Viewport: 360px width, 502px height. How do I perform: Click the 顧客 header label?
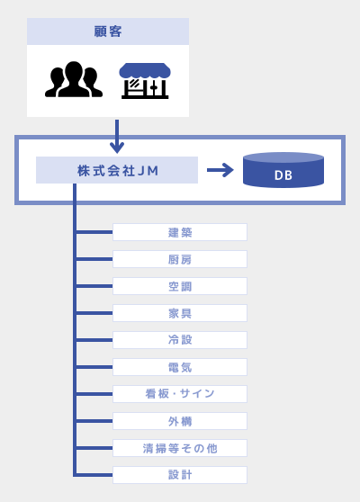[x=108, y=31]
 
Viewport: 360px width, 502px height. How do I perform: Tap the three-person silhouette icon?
[x=74, y=79]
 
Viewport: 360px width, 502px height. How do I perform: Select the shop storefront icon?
[x=145, y=81]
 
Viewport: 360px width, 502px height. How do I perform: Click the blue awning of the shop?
[x=145, y=70]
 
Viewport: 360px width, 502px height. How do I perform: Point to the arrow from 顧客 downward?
[x=117, y=137]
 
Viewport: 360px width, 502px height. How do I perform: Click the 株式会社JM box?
[x=117, y=170]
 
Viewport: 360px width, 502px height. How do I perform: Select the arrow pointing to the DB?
[x=220, y=170]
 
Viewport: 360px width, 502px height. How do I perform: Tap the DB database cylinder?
[x=283, y=170]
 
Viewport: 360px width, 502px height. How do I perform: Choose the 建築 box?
[x=180, y=232]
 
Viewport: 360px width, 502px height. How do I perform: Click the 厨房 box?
[x=180, y=259]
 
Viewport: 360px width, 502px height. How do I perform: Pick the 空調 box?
[x=180, y=286]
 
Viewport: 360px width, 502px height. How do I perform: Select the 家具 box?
[x=180, y=313]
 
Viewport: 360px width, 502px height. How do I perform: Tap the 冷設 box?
[x=180, y=340]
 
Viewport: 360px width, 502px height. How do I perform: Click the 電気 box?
[x=180, y=367]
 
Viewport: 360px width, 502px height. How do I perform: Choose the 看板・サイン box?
[x=180, y=394]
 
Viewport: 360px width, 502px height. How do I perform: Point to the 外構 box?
[x=180, y=421]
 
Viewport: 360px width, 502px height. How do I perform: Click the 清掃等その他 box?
[x=180, y=448]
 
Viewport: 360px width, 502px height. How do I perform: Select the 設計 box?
[x=180, y=475]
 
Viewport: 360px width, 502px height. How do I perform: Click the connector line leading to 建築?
[x=94, y=232]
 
